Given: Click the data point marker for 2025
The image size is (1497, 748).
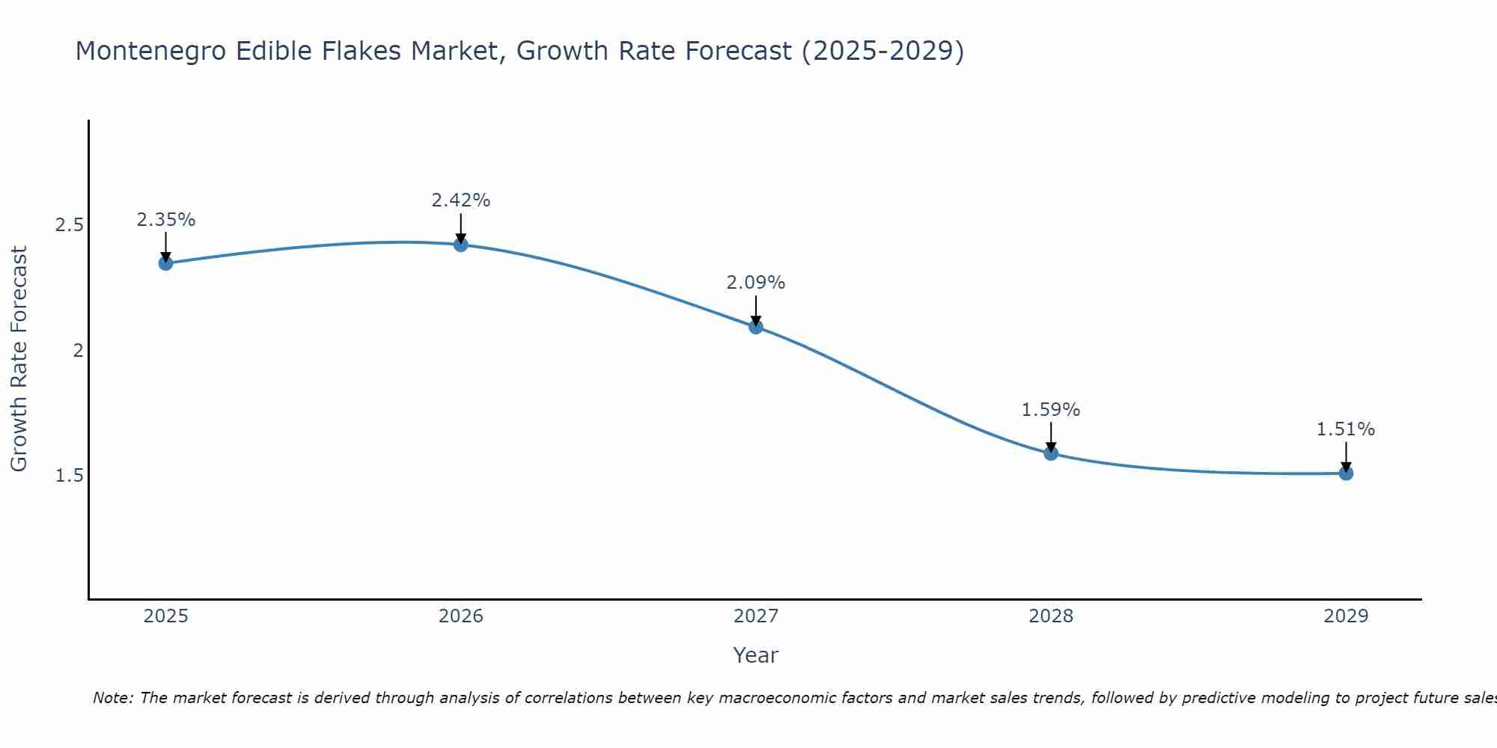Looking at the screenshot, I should click(x=165, y=263).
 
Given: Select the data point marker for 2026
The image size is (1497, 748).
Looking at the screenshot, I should click(x=460, y=245).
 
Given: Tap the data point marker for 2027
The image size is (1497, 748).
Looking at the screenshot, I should click(x=755, y=327).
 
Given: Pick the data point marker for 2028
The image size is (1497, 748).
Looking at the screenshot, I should click(x=1050, y=453).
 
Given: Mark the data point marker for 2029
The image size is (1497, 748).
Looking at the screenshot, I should click(x=1345, y=473).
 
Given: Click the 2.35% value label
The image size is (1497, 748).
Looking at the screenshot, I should click(x=165, y=220).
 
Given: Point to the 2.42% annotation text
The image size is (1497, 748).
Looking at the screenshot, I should click(x=460, y=200).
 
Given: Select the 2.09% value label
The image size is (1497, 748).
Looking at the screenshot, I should click(x=755, y=283).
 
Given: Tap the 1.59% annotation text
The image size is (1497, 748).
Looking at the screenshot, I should click(x=1050, y=410).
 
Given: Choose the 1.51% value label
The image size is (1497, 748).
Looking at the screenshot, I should click(x=1345, y=429).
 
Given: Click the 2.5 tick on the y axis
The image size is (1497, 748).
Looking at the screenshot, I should click(x=69, y=225).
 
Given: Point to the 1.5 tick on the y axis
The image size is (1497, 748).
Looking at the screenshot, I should click(x=69, y=476).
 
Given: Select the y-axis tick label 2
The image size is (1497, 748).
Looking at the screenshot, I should click(x=78, y=350).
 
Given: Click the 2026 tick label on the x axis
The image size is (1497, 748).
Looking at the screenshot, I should click(x=460, y=616).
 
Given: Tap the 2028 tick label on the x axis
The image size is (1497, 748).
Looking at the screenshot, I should click(x=1050, y=616).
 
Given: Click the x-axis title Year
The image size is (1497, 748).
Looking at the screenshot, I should click(x=755, y=655).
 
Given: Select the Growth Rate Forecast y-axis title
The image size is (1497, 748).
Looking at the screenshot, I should click(x=19, y=359).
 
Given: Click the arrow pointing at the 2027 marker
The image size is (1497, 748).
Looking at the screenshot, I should click(x=755, y=310).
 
